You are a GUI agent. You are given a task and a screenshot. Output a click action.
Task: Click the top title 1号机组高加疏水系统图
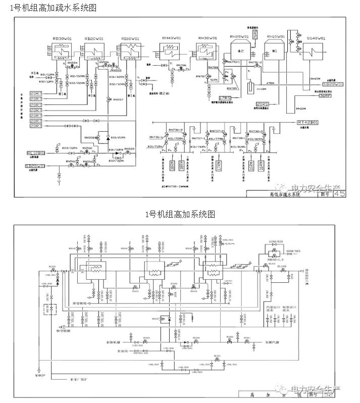click(x=49, y=8)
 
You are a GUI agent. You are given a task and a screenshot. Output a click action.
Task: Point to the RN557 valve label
click(x=118, y=99)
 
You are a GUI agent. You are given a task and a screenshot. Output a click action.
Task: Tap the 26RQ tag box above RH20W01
click(x=255, y=33)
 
